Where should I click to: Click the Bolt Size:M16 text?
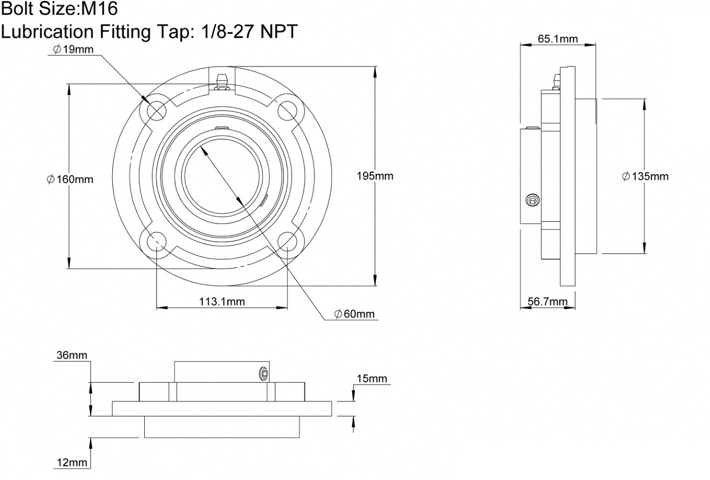60,9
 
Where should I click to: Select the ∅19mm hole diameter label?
73,49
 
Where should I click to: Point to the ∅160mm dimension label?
70,179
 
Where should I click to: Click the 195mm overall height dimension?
375,176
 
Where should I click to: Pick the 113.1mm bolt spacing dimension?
222,301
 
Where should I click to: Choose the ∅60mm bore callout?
355,314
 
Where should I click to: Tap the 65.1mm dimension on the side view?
558,39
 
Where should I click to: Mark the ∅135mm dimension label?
645,176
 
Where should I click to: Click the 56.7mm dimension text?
548,301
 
